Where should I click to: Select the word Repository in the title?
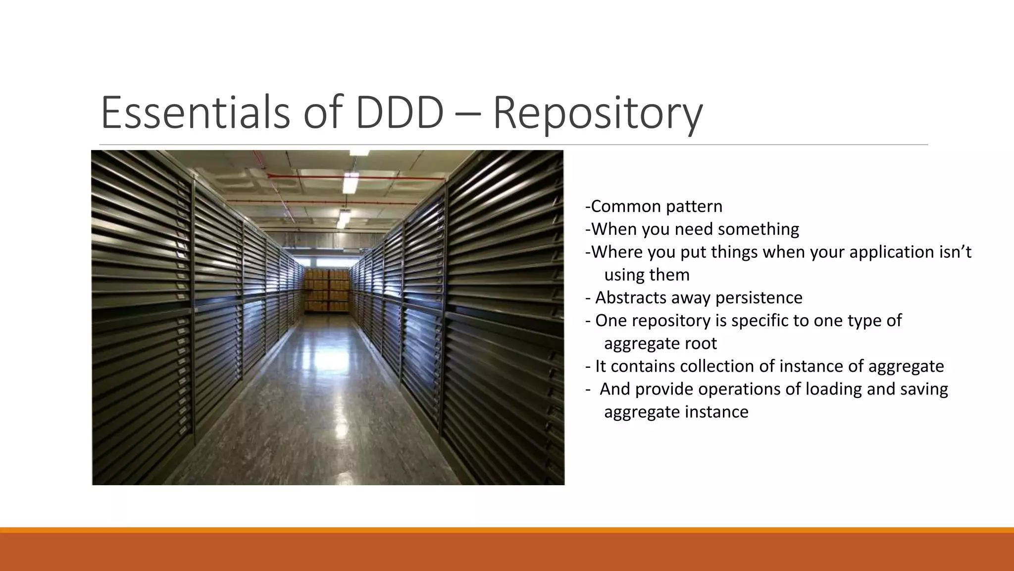pos(598,114)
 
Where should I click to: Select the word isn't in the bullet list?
pos(955,252)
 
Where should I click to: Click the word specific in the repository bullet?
pos(760,321)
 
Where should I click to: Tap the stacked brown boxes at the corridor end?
pos(327,289)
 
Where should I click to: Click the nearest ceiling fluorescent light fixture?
pos(351,183)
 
